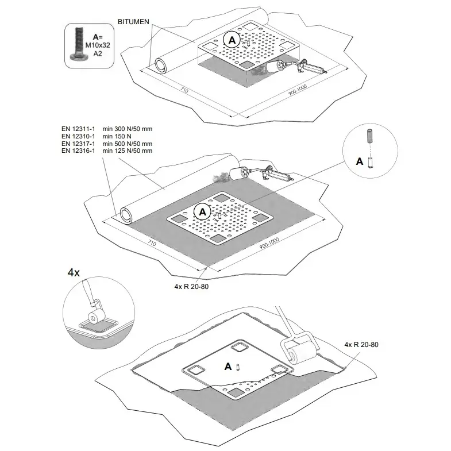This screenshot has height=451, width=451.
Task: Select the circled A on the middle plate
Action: [202, 211]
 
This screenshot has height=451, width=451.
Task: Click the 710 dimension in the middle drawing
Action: [152, 243]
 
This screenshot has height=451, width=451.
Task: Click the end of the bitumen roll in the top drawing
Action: [160, 64]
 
